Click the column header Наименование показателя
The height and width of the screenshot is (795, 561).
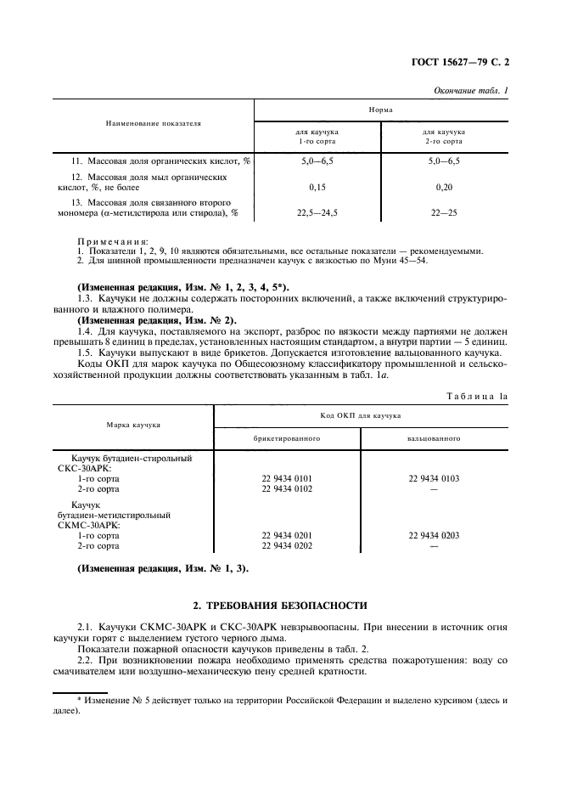(153, 123)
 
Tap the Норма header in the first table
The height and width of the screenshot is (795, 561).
(380, 110)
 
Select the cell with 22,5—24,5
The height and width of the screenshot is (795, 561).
(318, 213)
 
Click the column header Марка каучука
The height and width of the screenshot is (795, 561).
(133, 424)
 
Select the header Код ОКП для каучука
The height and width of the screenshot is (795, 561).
(361, 415)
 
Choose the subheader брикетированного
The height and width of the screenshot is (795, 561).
(287, 438)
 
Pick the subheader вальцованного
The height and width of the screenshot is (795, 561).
(434, 438)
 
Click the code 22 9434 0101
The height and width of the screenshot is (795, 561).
(287, 479)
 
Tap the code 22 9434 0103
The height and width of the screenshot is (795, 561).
(434, 479)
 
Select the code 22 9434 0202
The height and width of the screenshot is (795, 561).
(287, 546)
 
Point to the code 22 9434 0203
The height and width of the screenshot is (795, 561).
(434, 536)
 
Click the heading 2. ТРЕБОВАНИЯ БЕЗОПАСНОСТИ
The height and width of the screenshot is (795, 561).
(280, 606)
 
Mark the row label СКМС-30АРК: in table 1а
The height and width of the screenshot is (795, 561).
(87, 525)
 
